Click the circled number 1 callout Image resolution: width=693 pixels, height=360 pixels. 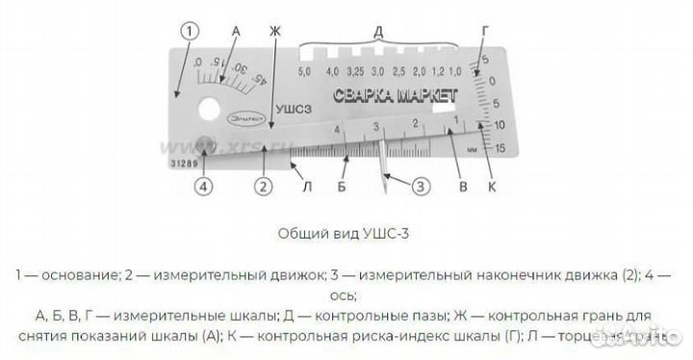click(x=191, y=31)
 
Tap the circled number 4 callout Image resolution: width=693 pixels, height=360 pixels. click(x=203, y=187)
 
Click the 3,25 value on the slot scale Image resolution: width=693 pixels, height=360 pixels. click(x=353, y=72)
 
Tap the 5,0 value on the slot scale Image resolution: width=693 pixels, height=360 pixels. click(x=306, y=72)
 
